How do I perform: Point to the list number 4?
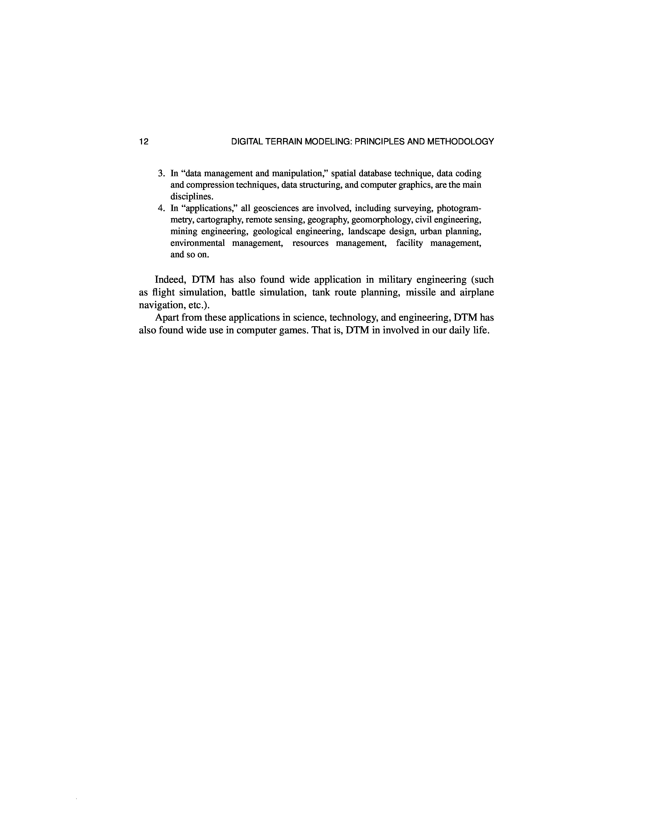[161, 208]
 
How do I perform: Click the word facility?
[409, 243]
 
